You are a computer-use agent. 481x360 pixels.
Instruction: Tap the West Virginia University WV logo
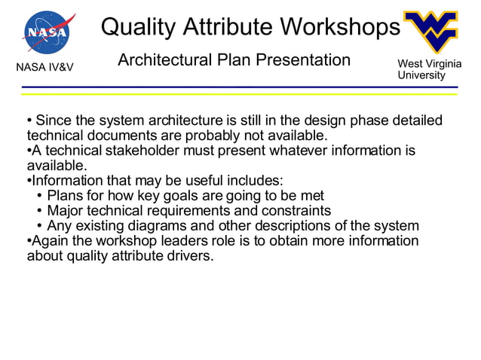(x=430, y=33)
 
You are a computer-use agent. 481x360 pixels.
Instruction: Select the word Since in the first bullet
(x=53, y=121)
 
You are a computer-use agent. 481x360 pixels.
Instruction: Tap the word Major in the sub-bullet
(x=66, y=211)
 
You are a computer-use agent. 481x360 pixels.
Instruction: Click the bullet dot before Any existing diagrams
(x=39, y=226)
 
